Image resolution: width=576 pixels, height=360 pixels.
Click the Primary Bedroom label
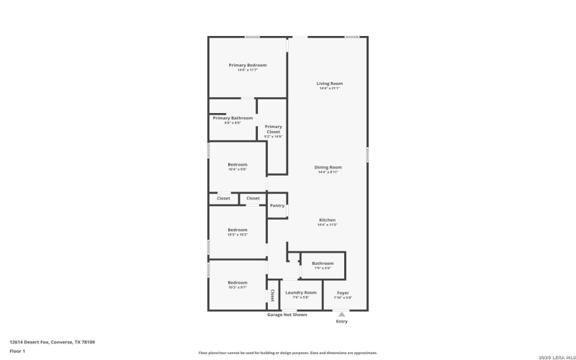(x=247, y=65)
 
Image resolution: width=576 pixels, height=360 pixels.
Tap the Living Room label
(x=328, y=84)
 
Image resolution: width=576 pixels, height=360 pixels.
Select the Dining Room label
(x=328, y=167)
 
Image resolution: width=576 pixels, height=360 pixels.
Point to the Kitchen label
(x=328, y=220)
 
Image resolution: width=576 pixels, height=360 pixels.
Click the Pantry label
(x=277, y=206)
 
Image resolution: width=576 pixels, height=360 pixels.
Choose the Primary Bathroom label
(x=233, y=118)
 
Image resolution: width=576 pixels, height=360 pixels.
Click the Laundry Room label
(x=300, y=292)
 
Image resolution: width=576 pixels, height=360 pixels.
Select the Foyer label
(x=343, y=292)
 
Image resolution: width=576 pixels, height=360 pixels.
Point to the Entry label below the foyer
(x=341, y=321)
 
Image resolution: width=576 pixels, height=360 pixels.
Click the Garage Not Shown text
(x=287, y=315)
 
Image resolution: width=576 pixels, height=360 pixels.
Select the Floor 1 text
(x=17, y=351)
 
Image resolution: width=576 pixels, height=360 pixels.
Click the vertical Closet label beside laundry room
(x=272, y=295)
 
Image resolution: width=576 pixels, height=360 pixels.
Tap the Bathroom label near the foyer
(x=323, y=263)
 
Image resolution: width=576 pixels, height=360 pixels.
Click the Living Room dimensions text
(x=328, y=89)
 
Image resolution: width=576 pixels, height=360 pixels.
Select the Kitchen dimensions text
(x=328, y=225)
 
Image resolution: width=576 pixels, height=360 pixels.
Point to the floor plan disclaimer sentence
(x=287, y=353)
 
